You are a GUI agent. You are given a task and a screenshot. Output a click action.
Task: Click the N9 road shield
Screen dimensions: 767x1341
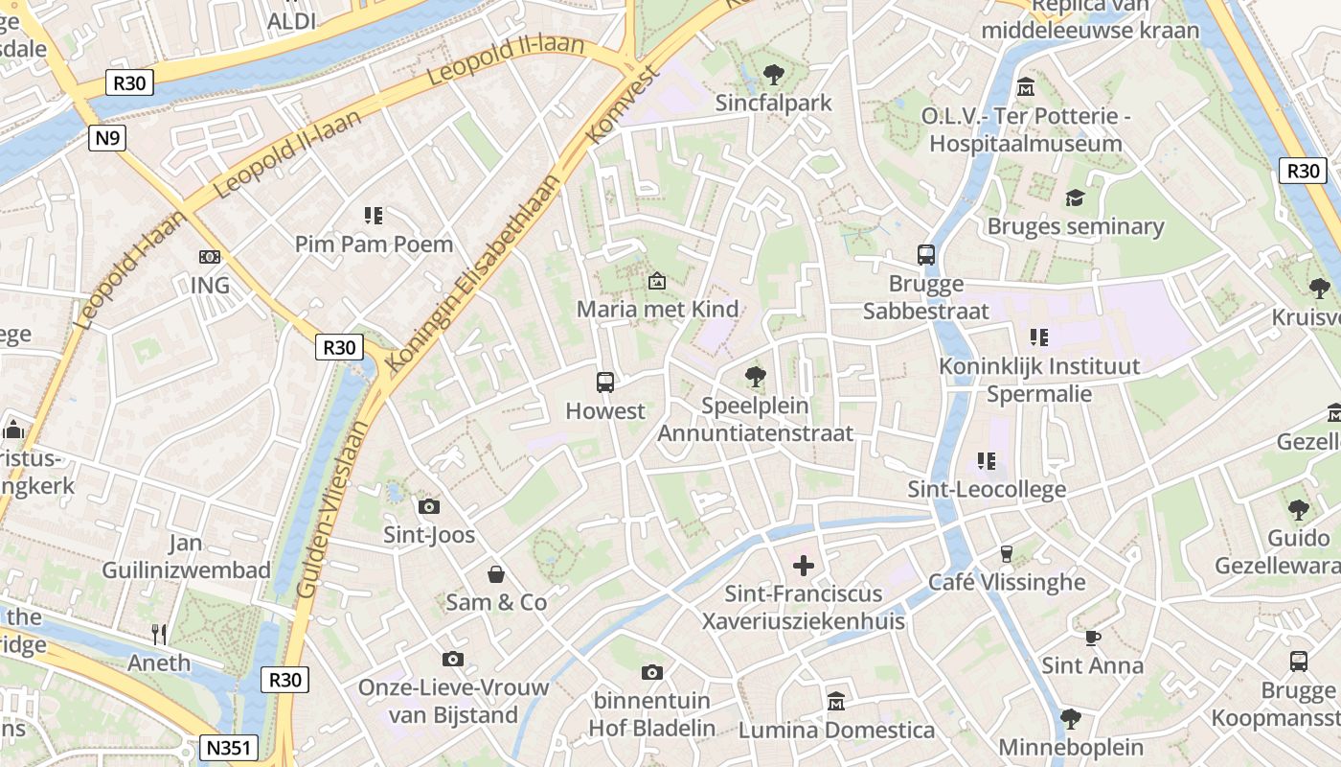tap(108, 138)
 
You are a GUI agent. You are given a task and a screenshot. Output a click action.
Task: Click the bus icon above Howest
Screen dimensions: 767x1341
tap(605, 383)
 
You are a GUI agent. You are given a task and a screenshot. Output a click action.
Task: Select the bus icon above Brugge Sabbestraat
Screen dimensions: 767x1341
tap(926, 255)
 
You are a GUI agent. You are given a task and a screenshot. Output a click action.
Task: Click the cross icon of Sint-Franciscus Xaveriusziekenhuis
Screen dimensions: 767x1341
tap(804, 566)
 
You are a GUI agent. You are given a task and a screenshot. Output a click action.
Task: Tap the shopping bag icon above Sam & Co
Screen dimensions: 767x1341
tap(496, 574)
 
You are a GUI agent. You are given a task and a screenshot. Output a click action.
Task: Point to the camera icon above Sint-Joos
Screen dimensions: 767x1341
tap(429, 506)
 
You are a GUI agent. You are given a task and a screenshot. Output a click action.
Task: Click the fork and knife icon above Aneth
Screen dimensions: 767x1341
tap(159, 634)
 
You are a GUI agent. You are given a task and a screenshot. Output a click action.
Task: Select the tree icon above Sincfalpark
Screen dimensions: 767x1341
tap(773, 74)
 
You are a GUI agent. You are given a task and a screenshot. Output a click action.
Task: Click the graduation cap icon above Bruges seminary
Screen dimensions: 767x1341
tap(1075, 198)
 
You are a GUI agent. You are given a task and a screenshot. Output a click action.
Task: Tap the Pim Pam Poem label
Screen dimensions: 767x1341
tap(374, 244)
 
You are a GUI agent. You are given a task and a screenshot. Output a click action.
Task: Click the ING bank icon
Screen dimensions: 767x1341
tap(210, 257)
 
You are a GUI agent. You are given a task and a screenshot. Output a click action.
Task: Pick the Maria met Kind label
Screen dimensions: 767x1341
tap(657, 309)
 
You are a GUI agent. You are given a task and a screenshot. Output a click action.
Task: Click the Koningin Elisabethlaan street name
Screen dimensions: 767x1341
tap(473, 273)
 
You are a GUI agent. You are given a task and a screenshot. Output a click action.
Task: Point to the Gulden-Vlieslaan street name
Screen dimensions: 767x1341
tap(332, 511)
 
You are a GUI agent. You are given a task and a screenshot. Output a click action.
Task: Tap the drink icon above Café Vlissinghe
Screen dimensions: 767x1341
tap(1007, 553)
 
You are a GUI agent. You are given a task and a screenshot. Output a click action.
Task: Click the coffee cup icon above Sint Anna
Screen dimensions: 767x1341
tap(1092, 637)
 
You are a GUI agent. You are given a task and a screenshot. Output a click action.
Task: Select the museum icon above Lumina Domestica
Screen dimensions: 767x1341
tap(836, 701)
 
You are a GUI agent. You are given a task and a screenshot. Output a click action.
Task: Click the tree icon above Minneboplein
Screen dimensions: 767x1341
tap(1071, 718)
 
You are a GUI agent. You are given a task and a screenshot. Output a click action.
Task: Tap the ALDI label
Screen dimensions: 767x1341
tap(291, 21)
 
